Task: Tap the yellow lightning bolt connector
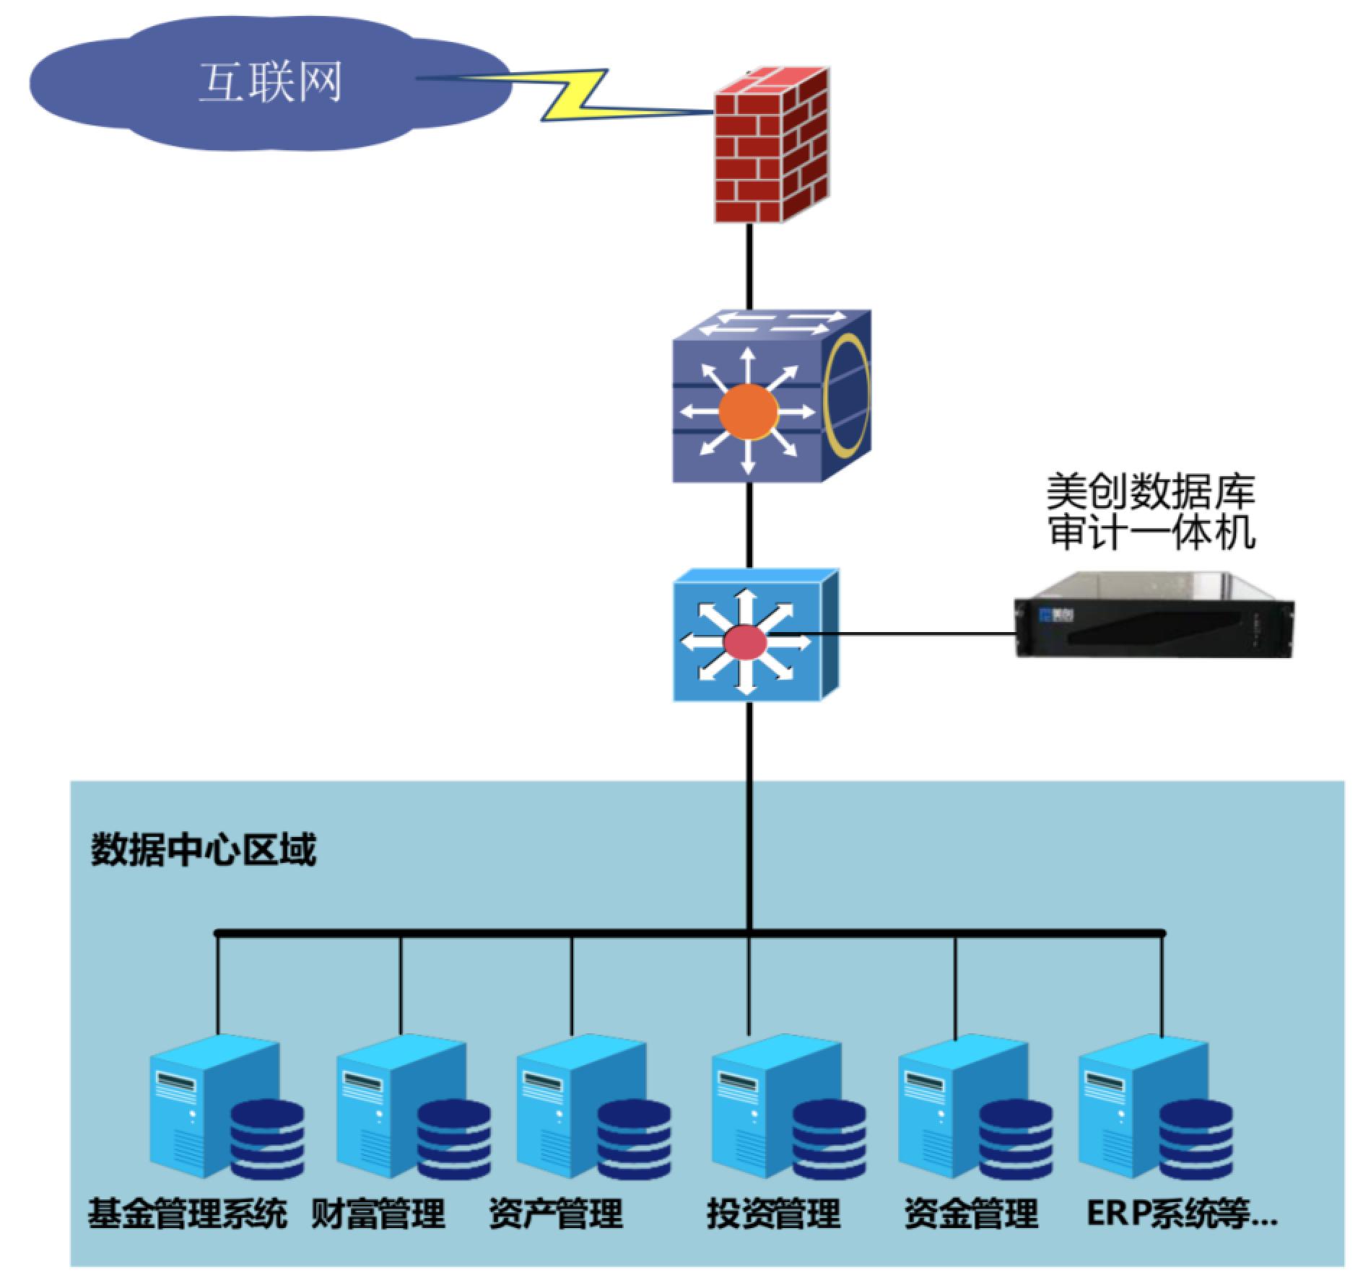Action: tap(578, 94)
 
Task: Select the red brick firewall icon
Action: tap(770, 144)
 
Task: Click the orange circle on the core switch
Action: tap(749, 412)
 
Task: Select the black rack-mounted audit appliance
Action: tap(1154, 615)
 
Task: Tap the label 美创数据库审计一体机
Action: tap(1151, 512)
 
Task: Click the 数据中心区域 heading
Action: tap(203, 850)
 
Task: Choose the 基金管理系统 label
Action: tap(187, 1213)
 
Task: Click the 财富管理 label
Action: tap(378, 1213)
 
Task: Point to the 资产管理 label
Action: tap(555, 1213)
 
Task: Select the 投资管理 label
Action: tap(773, 1213)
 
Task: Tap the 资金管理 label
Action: tap(970, 1213)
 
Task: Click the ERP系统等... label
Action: tap(1181, 1213)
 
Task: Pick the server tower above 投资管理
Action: tap(752, 1104)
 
